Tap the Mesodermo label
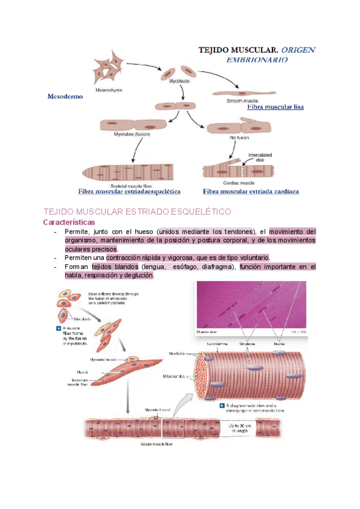[x=65, y=96]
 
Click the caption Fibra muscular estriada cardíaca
[x=251, y=191]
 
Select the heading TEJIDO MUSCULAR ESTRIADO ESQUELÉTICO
[x=138, y=212]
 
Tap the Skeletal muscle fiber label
[x=122, y=185]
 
